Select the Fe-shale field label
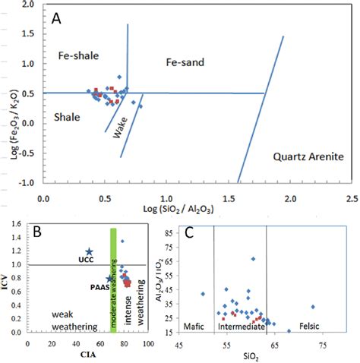(79, 57)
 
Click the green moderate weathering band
(114, 281)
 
